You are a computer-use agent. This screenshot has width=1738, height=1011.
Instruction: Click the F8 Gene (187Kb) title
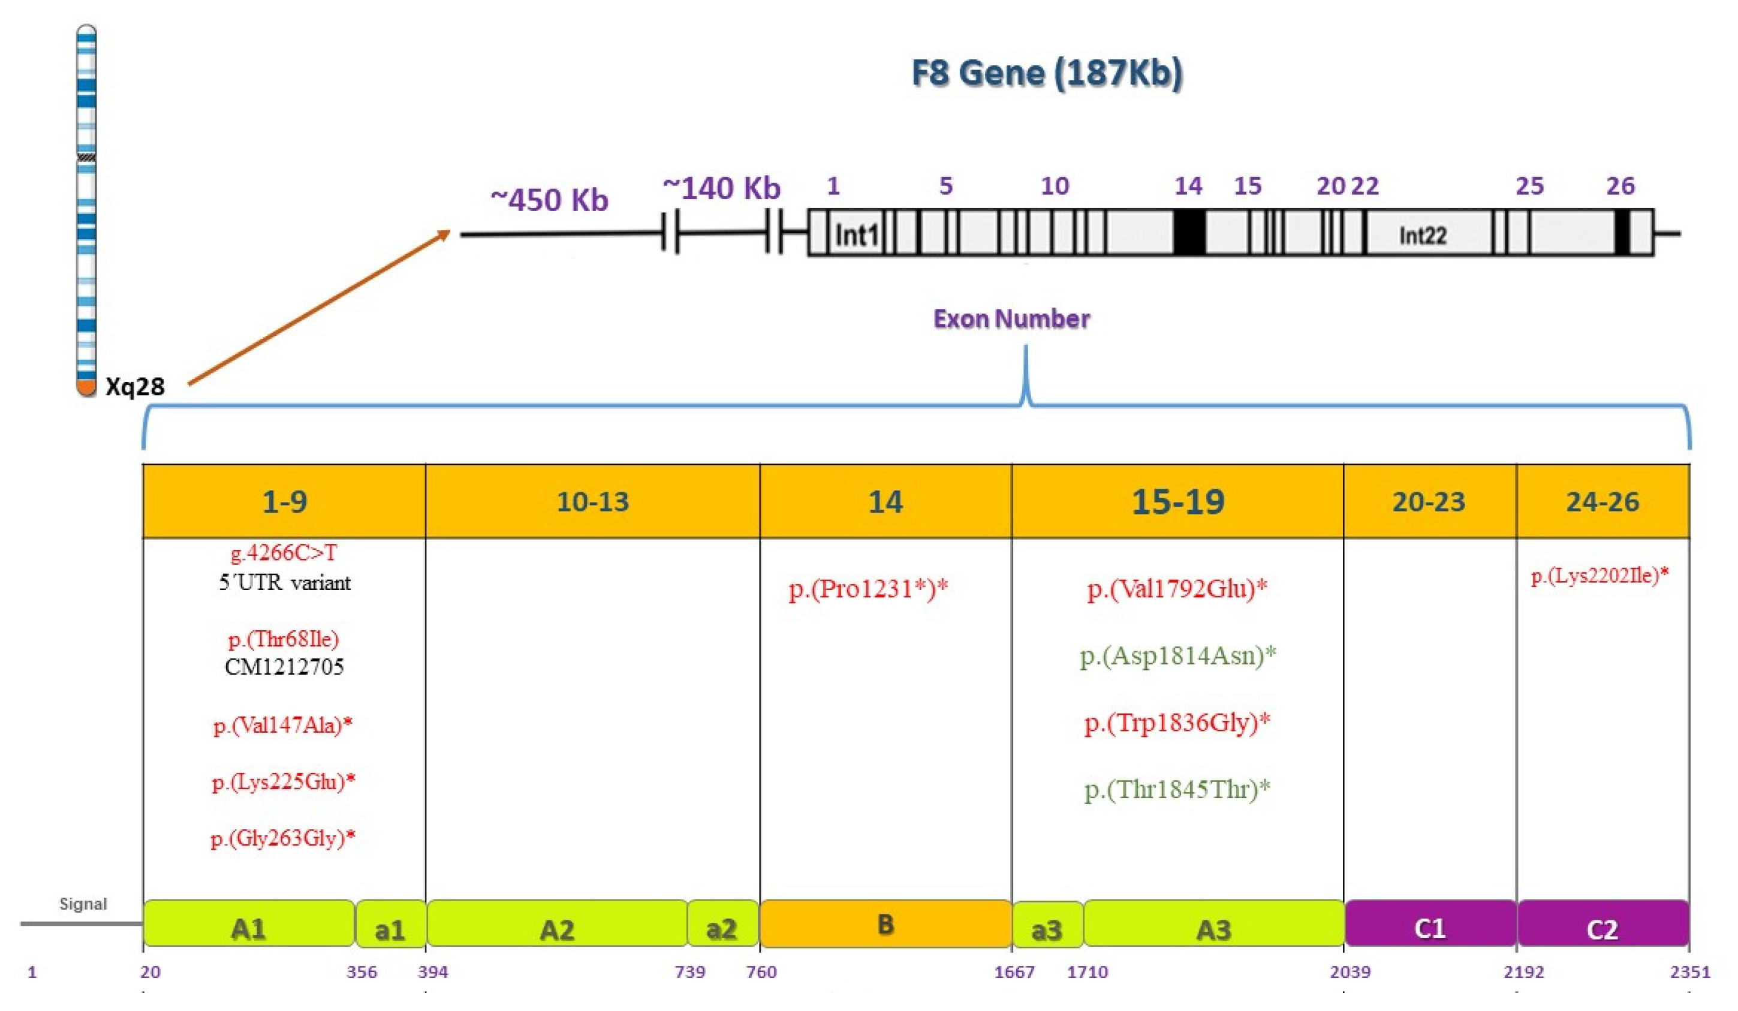[1047, 73]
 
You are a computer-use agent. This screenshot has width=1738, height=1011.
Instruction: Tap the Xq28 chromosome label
[135, 386]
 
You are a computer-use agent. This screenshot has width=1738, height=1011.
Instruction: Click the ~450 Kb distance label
[549, 200]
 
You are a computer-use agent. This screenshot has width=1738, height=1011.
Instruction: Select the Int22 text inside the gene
[1422, 236]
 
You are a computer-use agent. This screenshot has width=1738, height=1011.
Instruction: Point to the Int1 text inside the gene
[857, 236]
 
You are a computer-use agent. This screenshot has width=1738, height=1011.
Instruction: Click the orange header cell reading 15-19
[1177, 501]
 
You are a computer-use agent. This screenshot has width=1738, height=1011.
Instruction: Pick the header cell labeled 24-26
[1602, 501]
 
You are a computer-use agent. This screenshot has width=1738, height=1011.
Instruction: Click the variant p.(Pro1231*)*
[868, 588]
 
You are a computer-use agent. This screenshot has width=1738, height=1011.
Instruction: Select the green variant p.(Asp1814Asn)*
[1177, 655]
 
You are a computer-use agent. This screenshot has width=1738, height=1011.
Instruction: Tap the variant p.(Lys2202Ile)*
[1600, 575]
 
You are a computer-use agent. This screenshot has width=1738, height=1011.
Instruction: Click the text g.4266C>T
[284, 552]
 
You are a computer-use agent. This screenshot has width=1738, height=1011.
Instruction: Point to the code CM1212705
[284, 667]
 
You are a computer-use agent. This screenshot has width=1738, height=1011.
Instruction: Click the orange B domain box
[885, 924]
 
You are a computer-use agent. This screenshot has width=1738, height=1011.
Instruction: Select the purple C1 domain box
[1430, 924]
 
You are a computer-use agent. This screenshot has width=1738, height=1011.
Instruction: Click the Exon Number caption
[1011, 318]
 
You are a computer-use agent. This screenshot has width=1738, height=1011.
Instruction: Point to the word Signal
[83, 904]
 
